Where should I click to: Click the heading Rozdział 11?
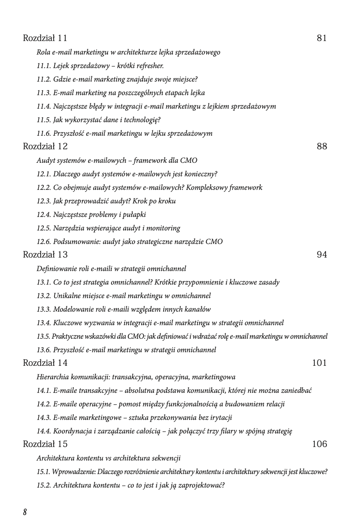[45, 38]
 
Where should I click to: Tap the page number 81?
[322, 38]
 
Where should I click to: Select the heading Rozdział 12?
[45, 146]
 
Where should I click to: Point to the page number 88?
[322, 146]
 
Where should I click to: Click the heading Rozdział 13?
[45, 255]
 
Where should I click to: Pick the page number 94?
[322, 255]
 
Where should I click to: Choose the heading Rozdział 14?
[45, 363]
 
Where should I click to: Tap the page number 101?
[319, 363]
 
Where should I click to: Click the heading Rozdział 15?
[45, 444]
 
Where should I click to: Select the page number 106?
[319, 444]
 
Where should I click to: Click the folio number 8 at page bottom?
[25, 512]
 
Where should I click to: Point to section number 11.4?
[43, 106]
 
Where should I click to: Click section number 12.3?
[43, 201]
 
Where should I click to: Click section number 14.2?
[43, 404]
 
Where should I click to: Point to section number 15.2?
[43, 485]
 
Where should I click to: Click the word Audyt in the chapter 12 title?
[45, 160]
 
